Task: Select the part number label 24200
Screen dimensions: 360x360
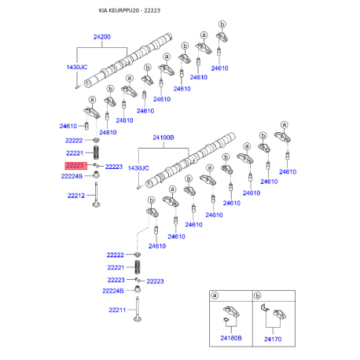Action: pos(102,37)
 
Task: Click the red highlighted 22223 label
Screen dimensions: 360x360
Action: pos(75,167)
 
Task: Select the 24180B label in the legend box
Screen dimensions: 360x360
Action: pos(230,339)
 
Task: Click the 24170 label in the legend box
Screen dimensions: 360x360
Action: pos(272,339)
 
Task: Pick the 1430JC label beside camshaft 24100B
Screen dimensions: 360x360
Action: pos(138,168)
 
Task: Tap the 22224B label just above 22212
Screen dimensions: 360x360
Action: pos(72,177)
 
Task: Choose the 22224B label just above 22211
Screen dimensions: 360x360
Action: pos(115,291)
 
